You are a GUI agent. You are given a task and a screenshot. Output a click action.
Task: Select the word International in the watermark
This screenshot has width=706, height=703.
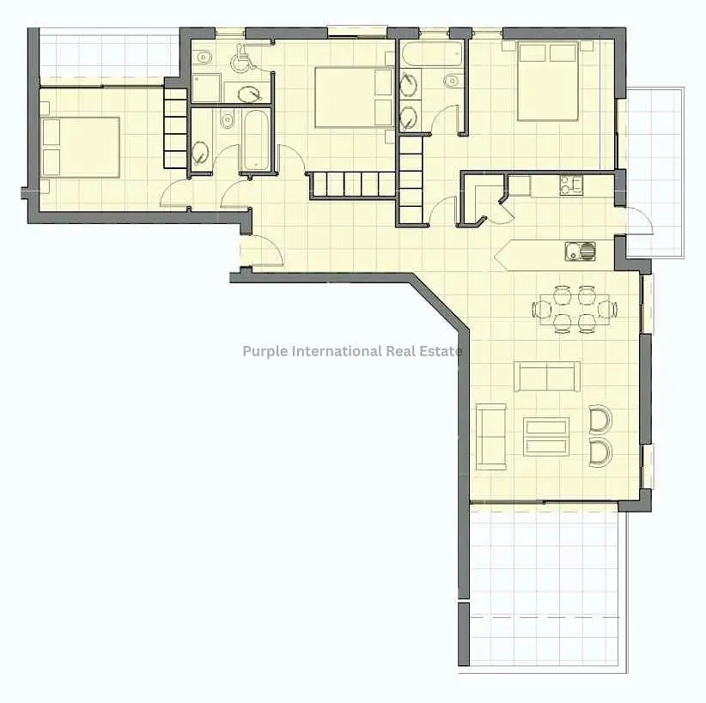point(338,350)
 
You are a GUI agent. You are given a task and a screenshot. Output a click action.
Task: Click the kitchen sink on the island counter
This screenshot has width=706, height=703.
point(580,252)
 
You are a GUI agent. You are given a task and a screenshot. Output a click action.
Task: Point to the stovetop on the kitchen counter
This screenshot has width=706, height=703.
point(571,185)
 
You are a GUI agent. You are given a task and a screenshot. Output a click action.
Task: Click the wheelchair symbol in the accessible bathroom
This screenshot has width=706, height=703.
point(243,58)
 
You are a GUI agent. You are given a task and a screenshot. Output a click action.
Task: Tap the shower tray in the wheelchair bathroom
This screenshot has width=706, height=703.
point(207,88)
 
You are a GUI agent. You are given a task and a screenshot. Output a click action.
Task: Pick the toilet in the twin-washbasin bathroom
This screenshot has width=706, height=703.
point(451,81)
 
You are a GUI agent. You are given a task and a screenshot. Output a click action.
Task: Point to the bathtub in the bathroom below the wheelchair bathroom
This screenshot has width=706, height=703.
point(256,140)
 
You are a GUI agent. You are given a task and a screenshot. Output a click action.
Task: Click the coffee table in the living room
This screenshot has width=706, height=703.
point(546,437)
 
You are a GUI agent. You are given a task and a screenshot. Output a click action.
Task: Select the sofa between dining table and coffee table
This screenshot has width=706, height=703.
point(547,377)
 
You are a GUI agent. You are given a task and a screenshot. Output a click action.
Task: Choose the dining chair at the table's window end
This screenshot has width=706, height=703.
point(608,309)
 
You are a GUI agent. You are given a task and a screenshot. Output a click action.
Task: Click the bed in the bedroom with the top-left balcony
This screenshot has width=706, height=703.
point(81,147)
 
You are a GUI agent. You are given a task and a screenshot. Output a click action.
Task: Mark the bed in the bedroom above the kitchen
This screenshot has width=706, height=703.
point(547,81)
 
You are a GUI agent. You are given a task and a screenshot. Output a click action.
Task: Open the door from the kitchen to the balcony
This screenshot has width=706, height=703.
point(639,221)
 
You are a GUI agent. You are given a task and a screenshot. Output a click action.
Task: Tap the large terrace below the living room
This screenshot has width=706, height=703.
point(543,585)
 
